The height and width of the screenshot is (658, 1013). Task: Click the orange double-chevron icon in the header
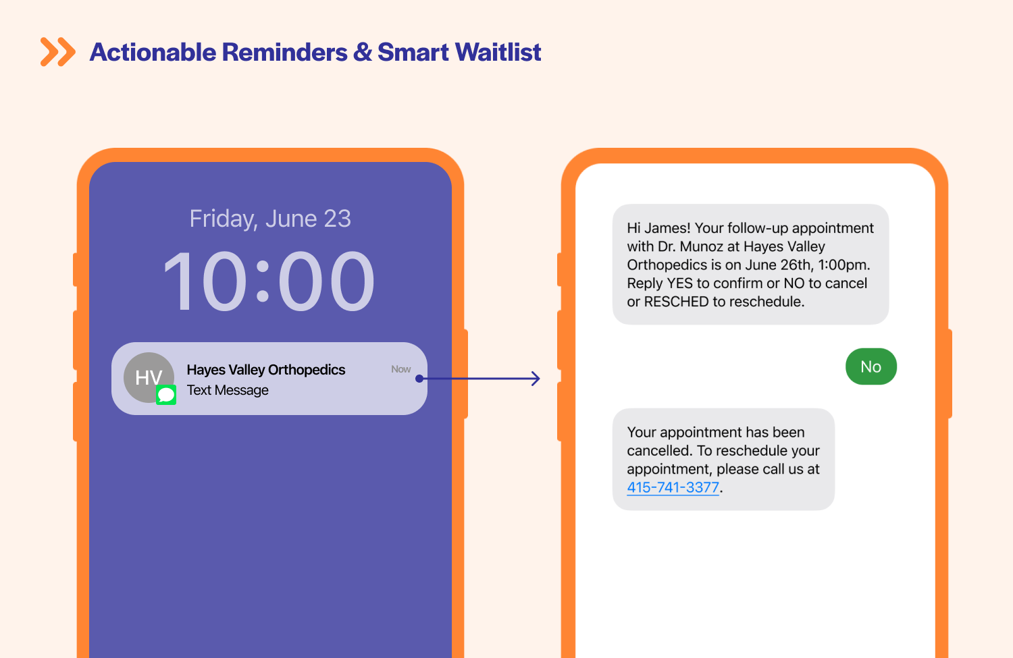coord(57,52)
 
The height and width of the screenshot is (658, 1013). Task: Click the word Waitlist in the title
coord(498,52)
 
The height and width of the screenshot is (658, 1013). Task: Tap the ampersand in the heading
coord(363,52)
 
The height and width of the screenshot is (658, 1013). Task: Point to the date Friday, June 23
coord(270,219)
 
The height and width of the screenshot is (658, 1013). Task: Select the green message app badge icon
coord(166,395)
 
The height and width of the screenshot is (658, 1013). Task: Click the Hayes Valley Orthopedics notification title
coord(265,370)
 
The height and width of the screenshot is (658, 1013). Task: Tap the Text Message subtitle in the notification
coord(228,390)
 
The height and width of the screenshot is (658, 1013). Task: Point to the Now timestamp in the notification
coord(400,369)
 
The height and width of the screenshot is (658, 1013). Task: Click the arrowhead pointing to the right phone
coord(536,379)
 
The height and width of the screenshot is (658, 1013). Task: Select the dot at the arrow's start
coord(419,379)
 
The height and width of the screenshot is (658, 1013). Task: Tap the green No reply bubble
coord(871,366)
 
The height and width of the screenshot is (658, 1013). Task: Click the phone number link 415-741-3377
coord(673,487)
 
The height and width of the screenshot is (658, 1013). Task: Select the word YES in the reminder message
coord(679,283)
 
